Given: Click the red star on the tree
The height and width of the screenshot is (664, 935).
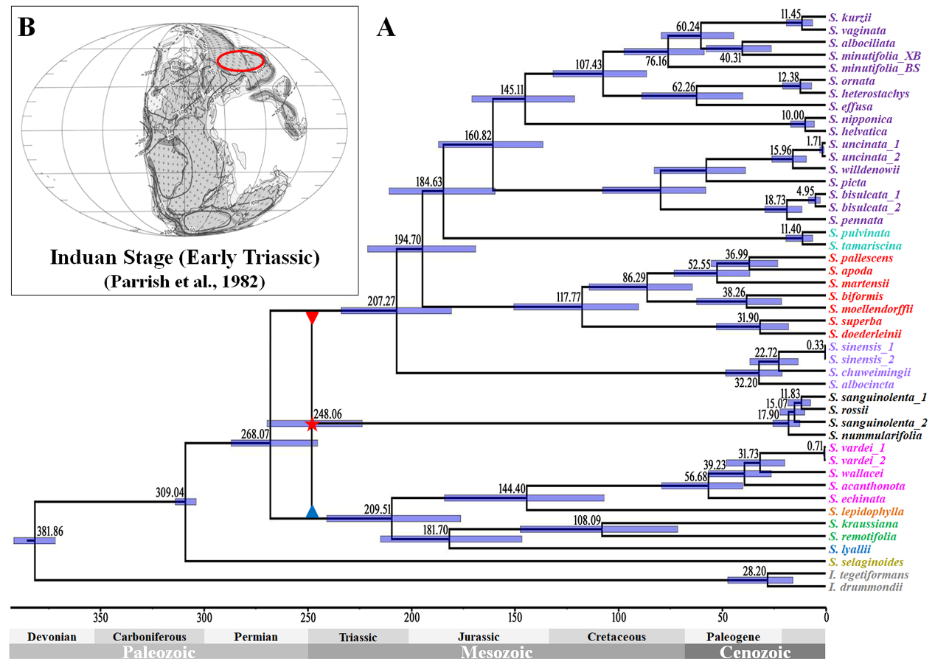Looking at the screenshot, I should click(x=311, y=424).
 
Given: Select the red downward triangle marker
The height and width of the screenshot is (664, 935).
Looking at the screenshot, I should click(x=312, y=318).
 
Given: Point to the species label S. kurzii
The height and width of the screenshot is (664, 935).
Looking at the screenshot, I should click(x=847, y=17).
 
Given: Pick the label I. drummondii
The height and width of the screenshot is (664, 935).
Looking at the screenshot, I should click(x=861, y=588).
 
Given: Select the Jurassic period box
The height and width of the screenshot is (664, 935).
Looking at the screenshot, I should click(x=479, y=637).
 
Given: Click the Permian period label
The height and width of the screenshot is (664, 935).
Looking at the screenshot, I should click(x=256, y=637).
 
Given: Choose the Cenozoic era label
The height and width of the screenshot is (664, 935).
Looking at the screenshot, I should click(x=754, y=652).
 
